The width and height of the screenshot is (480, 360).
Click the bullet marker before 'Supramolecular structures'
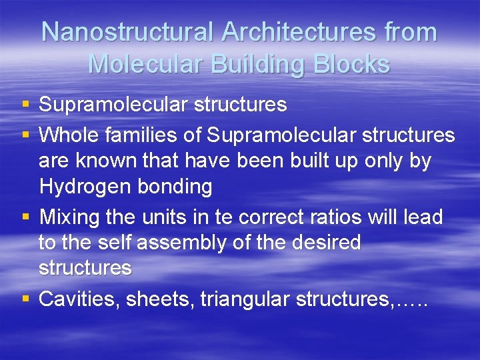(25, 105)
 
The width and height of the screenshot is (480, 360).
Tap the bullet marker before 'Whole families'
(25, 135)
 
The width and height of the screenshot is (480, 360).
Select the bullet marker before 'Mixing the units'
(25, 217)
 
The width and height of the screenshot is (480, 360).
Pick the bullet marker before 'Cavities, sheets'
(25, 299)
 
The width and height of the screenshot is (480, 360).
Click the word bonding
(175, 187)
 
